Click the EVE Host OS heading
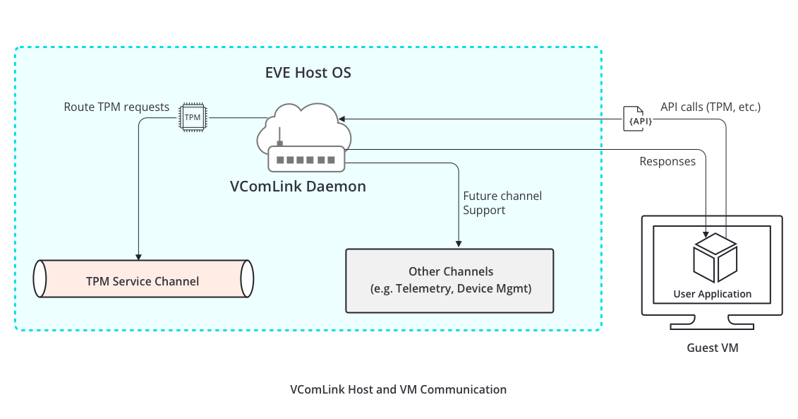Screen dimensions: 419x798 [x=308, y=73]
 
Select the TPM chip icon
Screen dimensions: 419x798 [x=193, y=117]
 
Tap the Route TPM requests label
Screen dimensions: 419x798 [x=116, y=107]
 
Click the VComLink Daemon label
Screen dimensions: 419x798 [x=298, y=187]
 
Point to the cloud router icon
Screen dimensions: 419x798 [x=306, y=138]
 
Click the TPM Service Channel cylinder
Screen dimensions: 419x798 [x=143, y=281]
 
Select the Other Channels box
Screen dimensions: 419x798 [x=450, y=281]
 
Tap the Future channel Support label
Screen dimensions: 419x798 [x=502, y=203]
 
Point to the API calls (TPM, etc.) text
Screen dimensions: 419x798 [x=710, y=107]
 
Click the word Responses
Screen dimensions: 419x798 [x=667, y=162]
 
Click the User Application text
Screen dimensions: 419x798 [x=712, y=294]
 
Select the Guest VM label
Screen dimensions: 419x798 [x=712, y=348]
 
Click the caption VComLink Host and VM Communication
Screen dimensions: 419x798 [x=398, y=389]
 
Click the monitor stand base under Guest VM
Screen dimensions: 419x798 [x=712, y=326]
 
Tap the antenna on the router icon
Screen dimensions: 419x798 [x=280, y=137]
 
